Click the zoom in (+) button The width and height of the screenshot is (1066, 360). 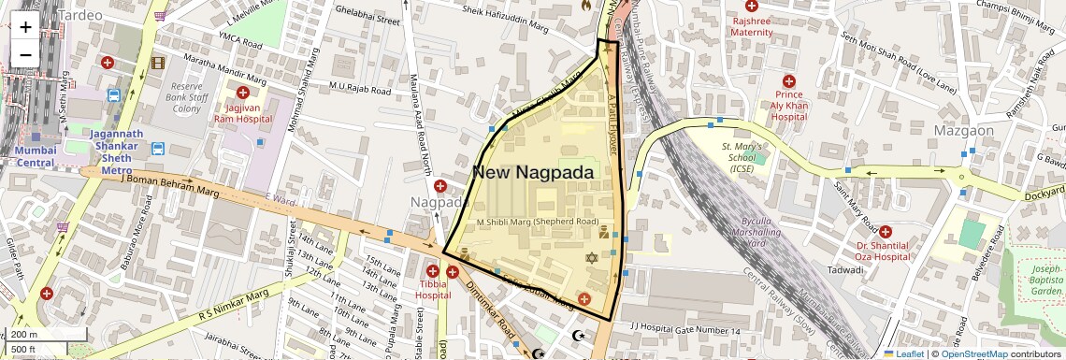[x=25, y=26]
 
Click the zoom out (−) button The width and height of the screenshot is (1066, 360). [x=25, y=54]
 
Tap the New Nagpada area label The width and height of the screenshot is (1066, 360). [x=532, y=172]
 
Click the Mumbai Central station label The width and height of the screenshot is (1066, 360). [x=36, y=156]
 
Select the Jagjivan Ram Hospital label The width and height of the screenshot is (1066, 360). [x=242, y=112]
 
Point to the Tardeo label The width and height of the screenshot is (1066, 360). [x=81, y=15]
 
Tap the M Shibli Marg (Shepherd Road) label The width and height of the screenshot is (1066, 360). [x=537, y=222]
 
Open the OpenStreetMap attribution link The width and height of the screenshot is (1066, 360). [x=973, y=353]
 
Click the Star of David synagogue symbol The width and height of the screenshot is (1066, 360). [x=591, y=257]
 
